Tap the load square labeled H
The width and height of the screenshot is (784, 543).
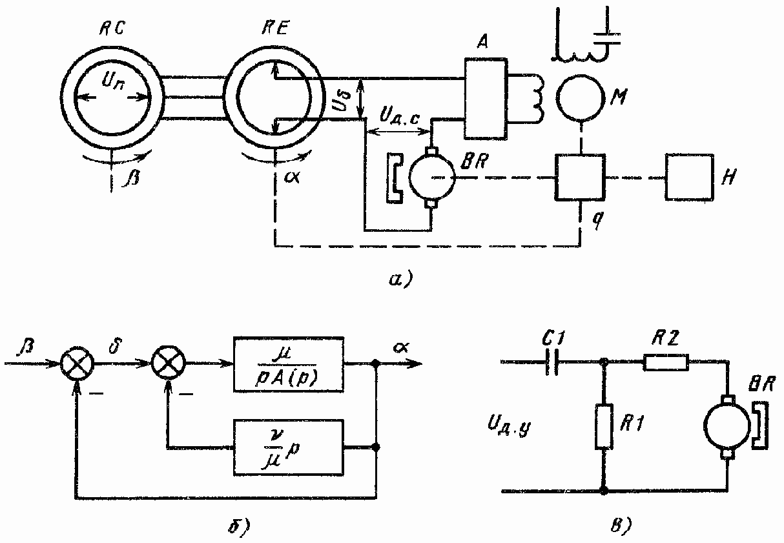[x=690, y=177]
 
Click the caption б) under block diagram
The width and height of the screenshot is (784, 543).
[x=240, y=526]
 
